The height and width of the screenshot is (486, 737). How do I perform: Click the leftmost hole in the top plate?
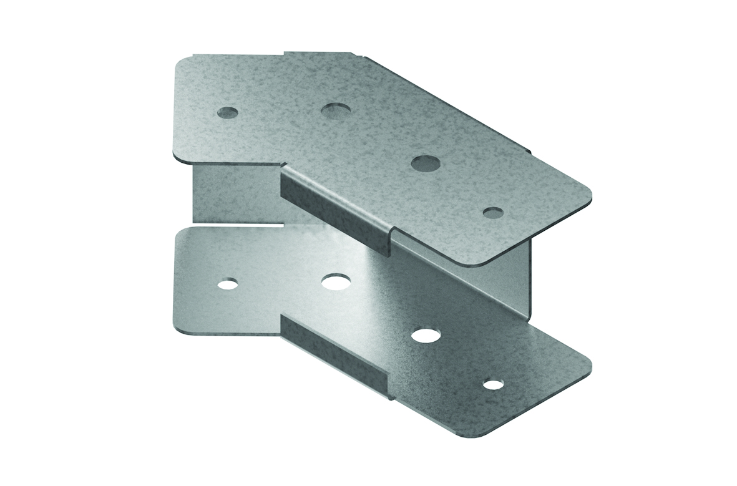coord(228,113)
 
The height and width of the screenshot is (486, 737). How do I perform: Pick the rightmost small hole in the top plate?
coord(493,213)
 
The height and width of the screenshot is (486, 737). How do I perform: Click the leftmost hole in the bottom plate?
coord(228,284)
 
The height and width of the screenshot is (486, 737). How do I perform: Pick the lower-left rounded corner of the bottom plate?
coord(177,324)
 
